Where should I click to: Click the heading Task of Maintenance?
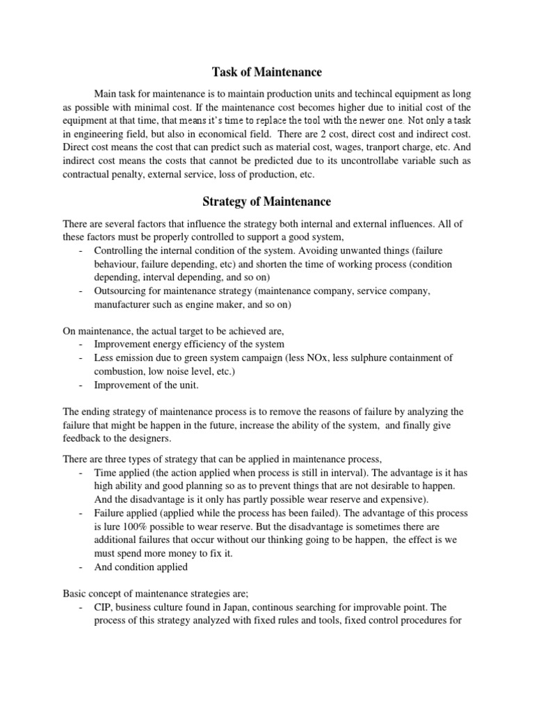tap(267, 72)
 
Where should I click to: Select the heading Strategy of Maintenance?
tap(267, 202)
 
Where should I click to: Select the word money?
tap(179, 553)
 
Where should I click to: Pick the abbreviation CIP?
tap(104, 606)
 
